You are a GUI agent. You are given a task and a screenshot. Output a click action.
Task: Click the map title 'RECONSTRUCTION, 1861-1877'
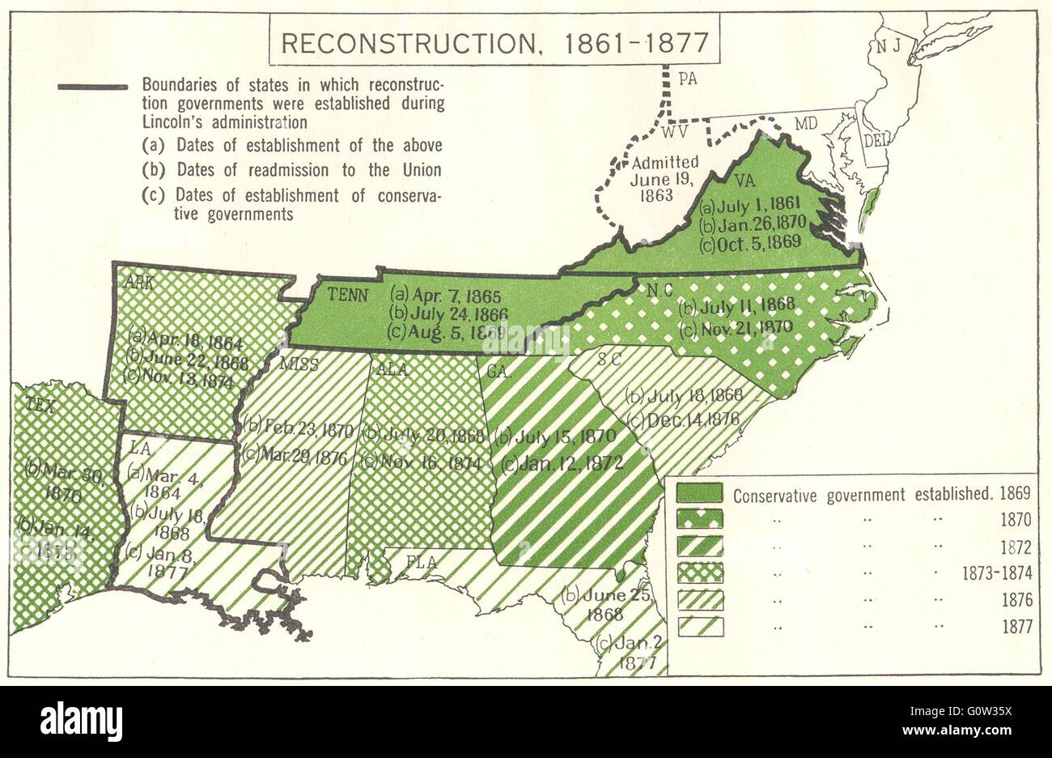coord(494,43)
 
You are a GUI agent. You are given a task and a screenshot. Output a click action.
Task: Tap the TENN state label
coord(350,295)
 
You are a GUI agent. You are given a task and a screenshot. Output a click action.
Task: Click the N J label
coord(890,47)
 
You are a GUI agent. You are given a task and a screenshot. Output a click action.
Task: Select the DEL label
coord(875,140)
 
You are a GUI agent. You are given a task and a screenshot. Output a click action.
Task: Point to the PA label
coord(688,79)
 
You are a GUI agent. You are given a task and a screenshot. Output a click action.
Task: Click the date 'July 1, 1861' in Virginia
coord(749,207)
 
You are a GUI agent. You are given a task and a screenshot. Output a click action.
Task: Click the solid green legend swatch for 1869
coord(699,493)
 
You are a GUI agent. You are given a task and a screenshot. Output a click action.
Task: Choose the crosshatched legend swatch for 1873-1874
coord(699,573)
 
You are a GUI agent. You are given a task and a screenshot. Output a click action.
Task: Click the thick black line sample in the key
coord(92,87)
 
